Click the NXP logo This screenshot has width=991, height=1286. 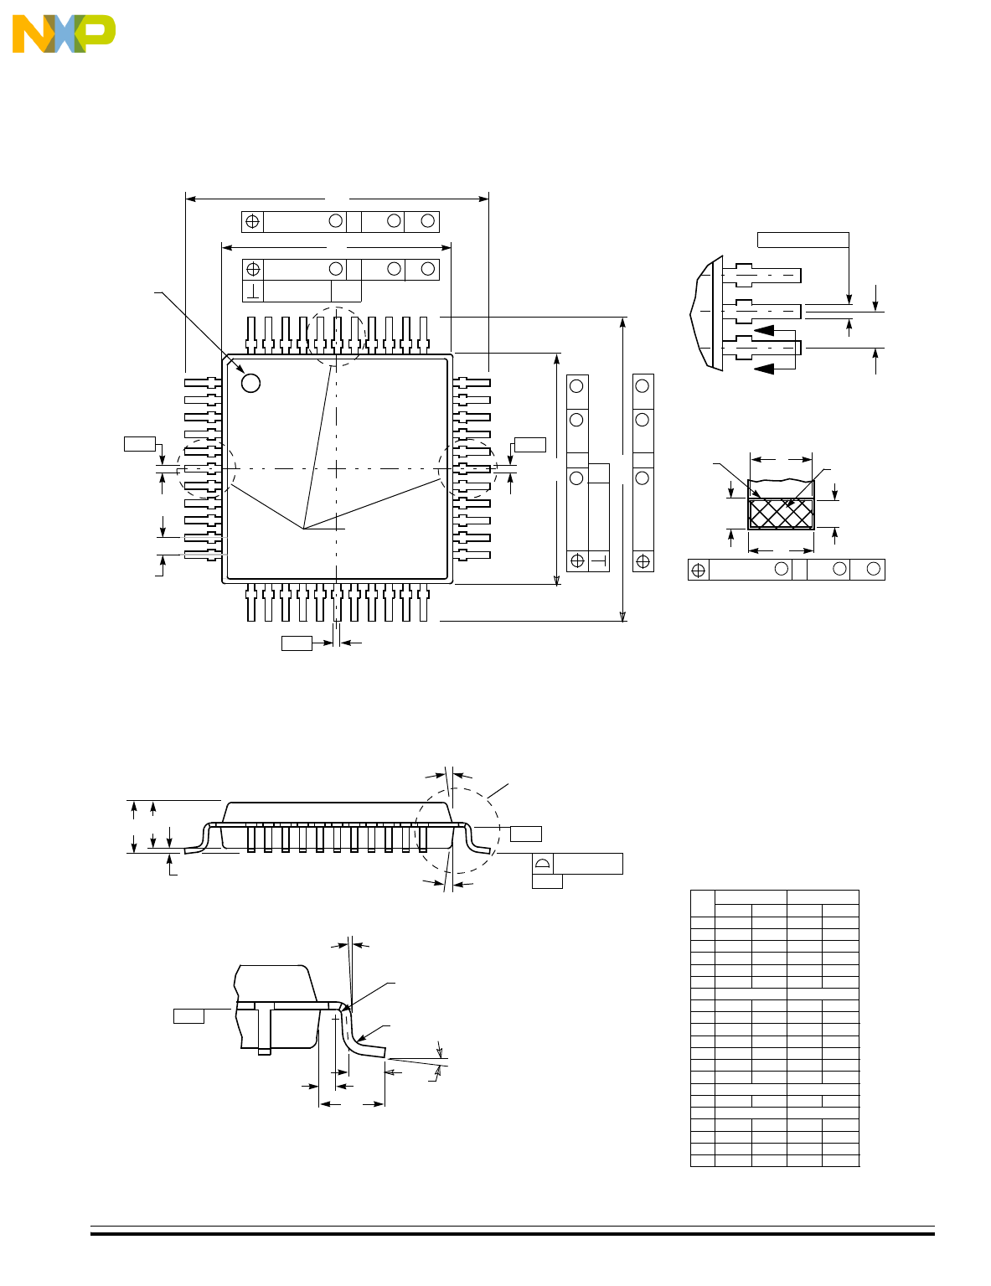coord(64,34)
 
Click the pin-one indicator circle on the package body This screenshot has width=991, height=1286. coord(250,383)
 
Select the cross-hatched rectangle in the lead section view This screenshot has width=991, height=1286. coord(781,514)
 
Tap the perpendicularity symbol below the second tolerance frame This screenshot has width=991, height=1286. coord(253,292)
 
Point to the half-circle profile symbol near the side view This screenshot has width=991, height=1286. coord(543,864)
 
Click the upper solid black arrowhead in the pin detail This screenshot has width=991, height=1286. coord(764,330)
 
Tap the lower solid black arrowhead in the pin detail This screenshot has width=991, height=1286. coord(764,369)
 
